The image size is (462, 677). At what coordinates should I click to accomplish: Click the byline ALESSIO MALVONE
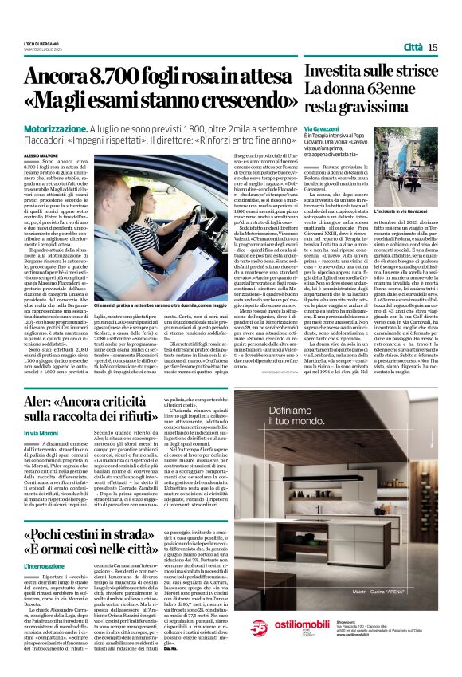point(42,148)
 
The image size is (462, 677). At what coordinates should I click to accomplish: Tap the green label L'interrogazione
point(45,567)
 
